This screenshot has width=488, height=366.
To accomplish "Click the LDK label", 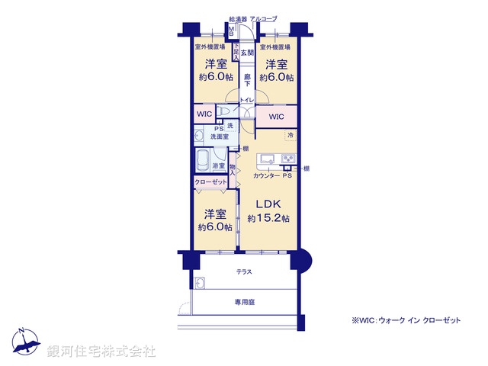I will coord(268,204).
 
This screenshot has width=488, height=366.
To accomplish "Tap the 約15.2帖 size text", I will coord(268,219).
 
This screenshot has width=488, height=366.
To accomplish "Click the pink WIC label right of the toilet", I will coord(276,117).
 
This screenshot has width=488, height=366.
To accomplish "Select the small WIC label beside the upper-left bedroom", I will coord(204,114).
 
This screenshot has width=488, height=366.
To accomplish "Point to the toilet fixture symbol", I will coord(225,113).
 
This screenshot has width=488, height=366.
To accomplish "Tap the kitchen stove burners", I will coord(289,159).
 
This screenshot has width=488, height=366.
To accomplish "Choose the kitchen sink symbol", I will coord(268,159).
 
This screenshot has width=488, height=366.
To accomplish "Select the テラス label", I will coord(244,271).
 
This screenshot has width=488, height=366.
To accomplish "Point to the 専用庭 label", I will coord(244,302).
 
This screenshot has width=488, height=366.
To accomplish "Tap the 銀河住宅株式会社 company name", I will coord(101,351).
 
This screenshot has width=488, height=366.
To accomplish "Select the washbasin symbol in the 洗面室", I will coord(200,136).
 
